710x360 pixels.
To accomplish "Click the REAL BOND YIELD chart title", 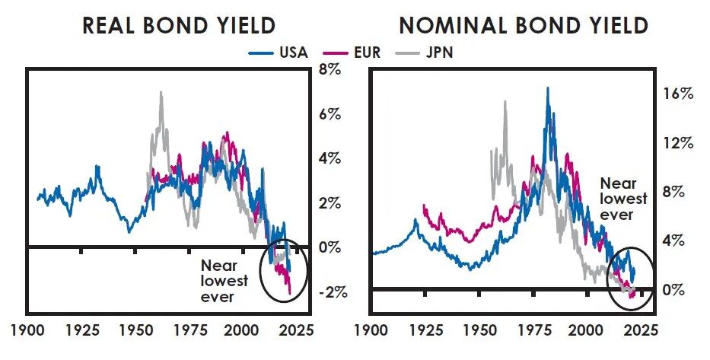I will [178, 25].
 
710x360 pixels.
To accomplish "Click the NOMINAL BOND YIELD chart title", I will [524, 25].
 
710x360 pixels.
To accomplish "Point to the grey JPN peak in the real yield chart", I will [161, 93].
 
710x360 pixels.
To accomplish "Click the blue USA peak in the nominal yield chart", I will [547, 89].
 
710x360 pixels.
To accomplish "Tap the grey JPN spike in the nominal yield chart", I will [505, 102].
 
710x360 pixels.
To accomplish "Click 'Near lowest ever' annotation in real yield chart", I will [224, 281].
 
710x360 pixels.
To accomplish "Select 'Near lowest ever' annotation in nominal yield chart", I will [623, 199].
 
